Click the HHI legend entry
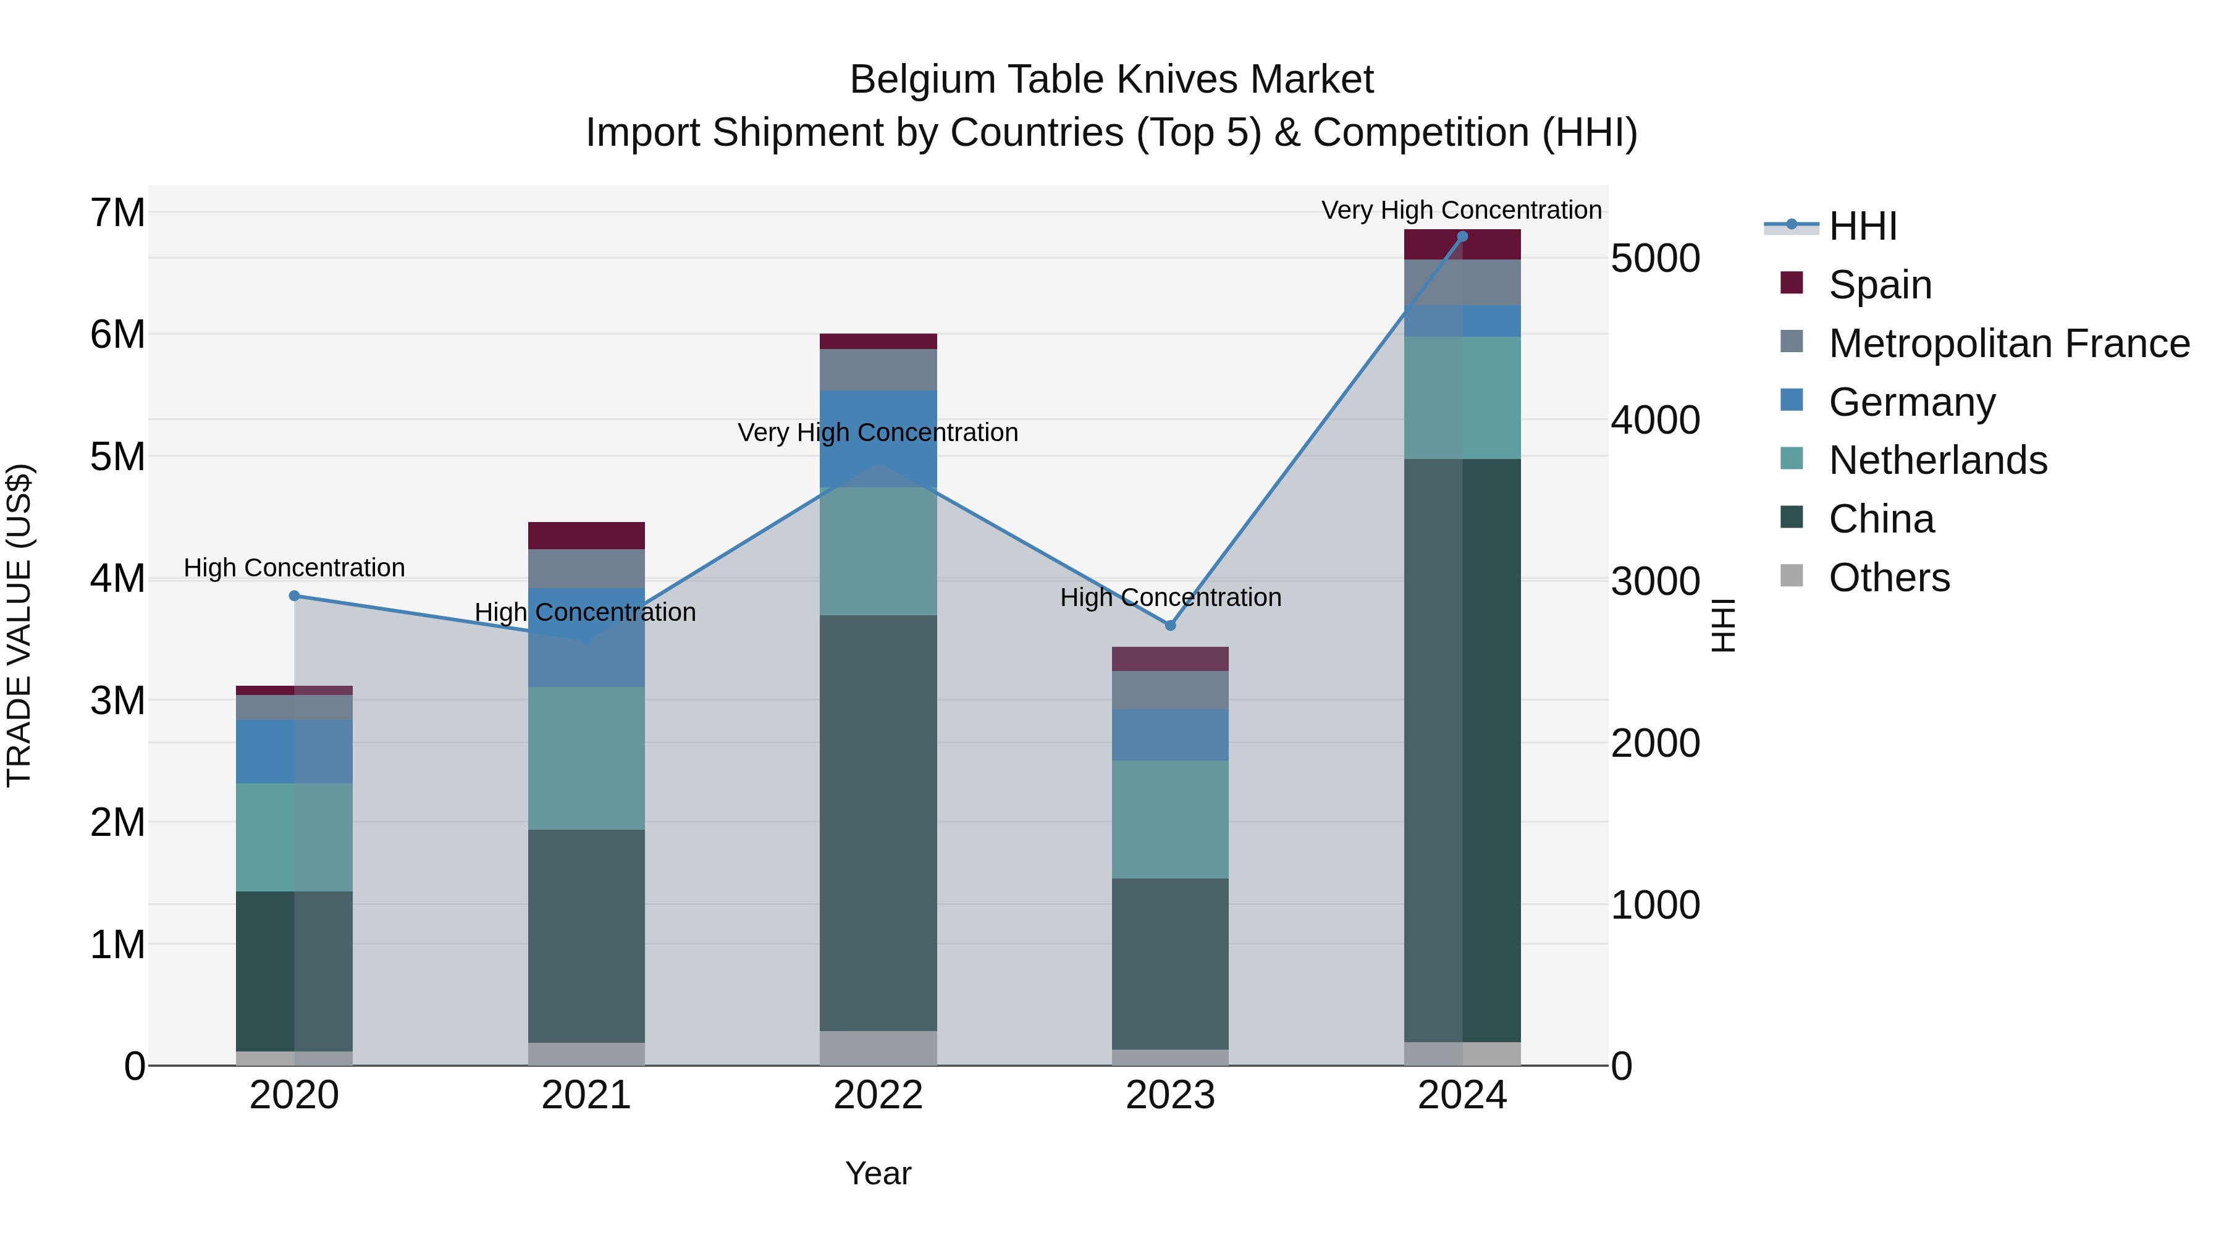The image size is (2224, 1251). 1861,226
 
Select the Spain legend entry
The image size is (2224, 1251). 1879,285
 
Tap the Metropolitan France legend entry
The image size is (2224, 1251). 2008,343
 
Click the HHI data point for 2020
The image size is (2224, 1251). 295,596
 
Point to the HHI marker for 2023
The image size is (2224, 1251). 1171,625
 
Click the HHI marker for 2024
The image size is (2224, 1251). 1462,237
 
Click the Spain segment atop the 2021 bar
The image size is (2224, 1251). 586,535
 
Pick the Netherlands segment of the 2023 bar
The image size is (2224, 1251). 1170,819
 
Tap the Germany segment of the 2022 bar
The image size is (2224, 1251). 878,439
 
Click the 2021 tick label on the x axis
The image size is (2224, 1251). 586,1095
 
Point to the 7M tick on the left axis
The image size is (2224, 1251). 118,213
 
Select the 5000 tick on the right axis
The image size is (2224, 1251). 1655,258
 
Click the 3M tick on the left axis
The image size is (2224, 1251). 118,700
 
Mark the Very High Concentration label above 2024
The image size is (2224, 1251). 1461,210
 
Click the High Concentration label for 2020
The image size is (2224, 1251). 295,568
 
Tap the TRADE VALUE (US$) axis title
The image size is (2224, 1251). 19,625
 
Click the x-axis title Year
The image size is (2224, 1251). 878,1173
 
